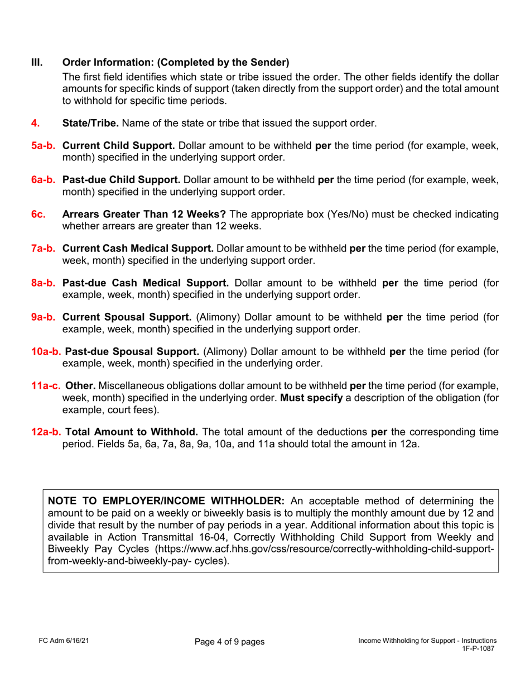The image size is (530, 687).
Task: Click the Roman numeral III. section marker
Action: (36, 61)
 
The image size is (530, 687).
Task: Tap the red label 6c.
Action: (38, 214)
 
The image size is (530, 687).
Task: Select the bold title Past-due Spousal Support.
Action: (132, 351)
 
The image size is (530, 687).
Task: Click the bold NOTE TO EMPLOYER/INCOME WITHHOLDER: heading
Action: (167, 500)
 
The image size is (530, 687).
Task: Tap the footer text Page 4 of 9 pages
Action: (229, 642)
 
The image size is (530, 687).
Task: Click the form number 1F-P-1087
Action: (478, 650)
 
